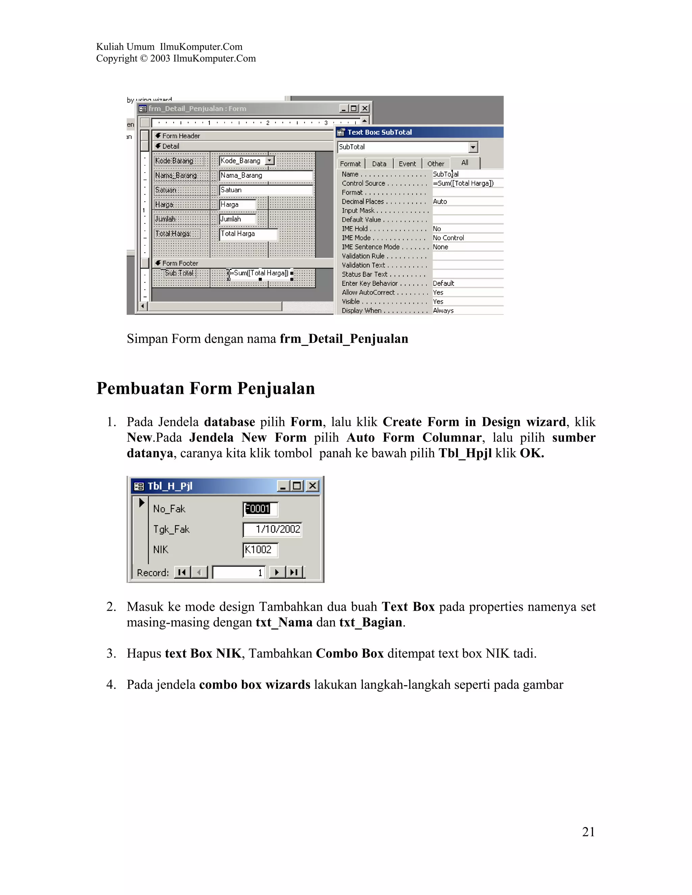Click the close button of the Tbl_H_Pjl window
pyautogui.click(x=313, y=486)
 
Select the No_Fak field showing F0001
pyautogui.click(x=260, y=509)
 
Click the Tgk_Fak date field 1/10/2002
pyautogui.click(x=272, y=530)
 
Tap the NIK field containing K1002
pyautogui.click(x=260, y=550)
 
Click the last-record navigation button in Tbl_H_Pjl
pyautogui.click(x=294, y=572)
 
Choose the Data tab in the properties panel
pyautogui.click(x=379, y=164)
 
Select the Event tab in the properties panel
pyautogui.click(x=407, y=164)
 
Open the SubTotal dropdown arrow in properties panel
pyautogui.click(x=473, y=147)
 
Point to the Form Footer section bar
pyautogui.click(x=242, y=263)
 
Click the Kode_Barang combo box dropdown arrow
pyautogui.click(x=270, y=161)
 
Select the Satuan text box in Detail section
pyautogui.click(x=266, y=190)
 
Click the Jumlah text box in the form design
pyautogui.click(x=237, y=219)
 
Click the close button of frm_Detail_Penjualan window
pyautogui.click(x=365, y=109)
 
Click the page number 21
pyautogui.click(x=588, y=832)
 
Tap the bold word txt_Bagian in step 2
pyautogui.click(x=371, y=622)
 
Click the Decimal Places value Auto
pyautogui.click(x=440, y=202)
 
